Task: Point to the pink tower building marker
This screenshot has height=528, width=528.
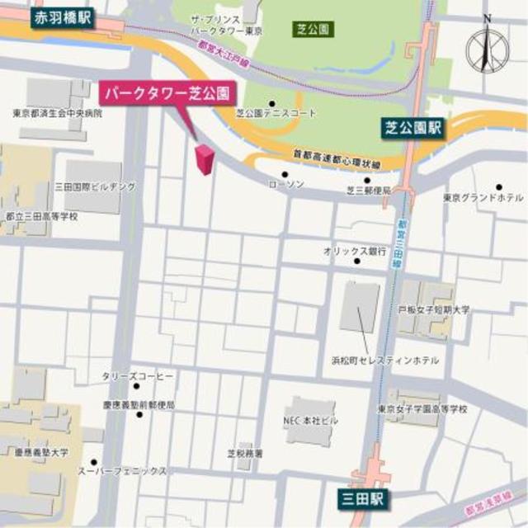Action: coord(203,158)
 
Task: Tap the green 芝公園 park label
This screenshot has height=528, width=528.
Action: coord(313,29)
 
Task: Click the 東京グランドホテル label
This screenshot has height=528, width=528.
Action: coord(483,198)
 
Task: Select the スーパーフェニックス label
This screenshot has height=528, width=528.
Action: coord(132,471)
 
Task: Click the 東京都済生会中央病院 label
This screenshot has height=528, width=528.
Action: coord(58,113)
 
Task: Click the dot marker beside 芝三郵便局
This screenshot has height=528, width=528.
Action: coord(366,179)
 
